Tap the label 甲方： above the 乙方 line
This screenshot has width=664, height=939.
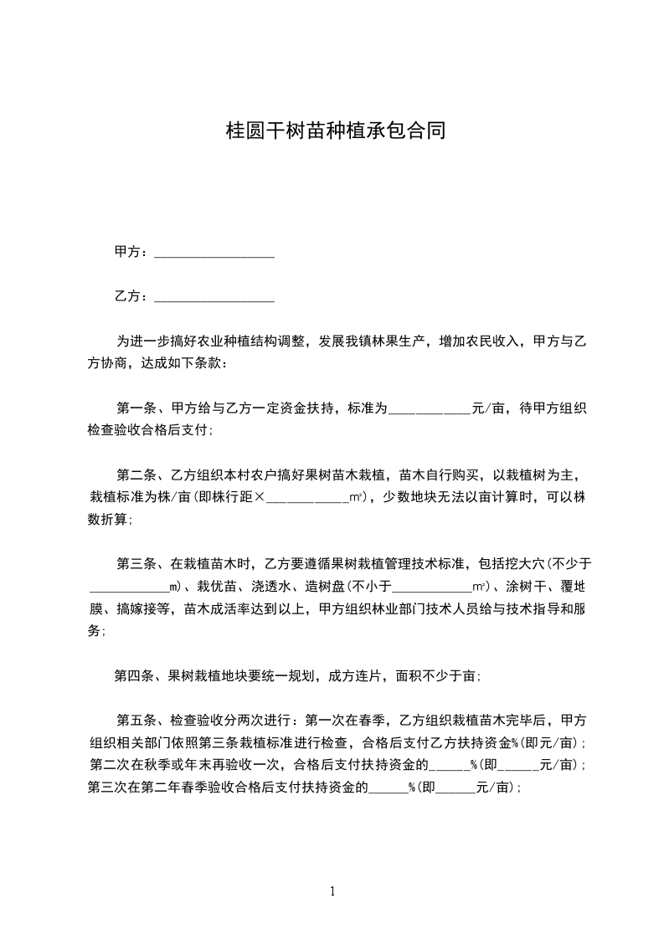point(131,252)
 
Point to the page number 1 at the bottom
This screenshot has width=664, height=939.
point(332,891)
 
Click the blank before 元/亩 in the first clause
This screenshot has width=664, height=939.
point(430,409)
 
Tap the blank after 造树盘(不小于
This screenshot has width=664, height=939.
point(432,586)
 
